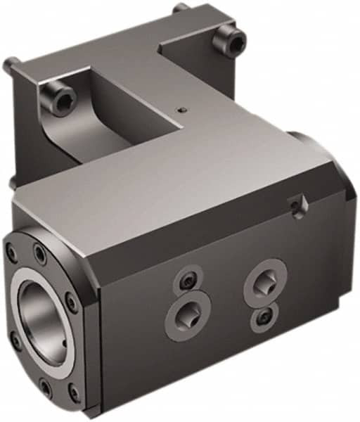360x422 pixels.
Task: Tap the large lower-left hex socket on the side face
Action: [x=188, y=312]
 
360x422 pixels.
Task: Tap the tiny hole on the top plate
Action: [x=181, y=110]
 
